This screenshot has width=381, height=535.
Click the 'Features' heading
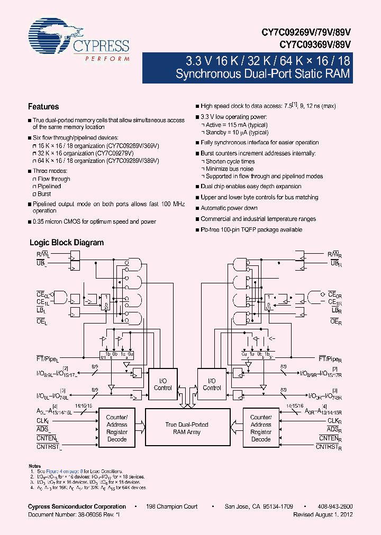coord(43,106)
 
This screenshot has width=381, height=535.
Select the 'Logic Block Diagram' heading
coord(66,243)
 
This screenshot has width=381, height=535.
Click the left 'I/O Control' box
coord(162,384)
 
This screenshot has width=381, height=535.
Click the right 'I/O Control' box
coord(212,384)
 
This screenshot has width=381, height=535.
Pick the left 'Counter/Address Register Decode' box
coord(117,428)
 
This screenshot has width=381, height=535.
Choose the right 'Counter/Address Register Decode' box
coord(261,428)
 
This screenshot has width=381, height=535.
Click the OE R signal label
coord(334,321)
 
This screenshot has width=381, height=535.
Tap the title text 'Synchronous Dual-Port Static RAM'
coord(262,73)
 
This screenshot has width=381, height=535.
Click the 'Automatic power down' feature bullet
coord(229,208)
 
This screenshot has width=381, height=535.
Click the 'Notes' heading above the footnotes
coord(34,466)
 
